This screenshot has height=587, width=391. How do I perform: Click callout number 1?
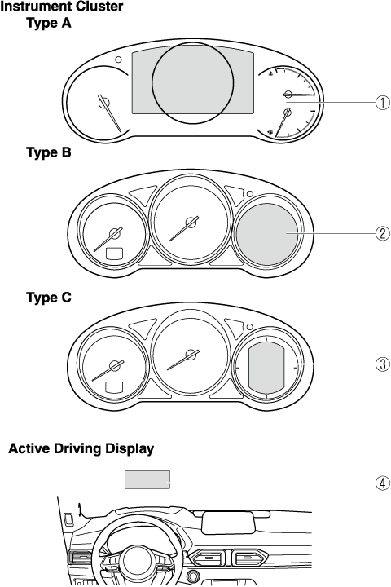(x=382, y=102)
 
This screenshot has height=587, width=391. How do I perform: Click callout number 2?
(x=382, y=234)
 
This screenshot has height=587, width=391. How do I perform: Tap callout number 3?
(x=382, y=364)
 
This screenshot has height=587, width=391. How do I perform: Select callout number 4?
(x=382, y=483)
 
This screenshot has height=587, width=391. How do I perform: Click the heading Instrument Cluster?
(x=62, y=7)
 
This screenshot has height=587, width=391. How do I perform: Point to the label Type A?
(x=49, y=23)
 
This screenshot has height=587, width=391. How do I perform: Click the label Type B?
(x=49, y=152)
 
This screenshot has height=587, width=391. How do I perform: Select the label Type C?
(x=49, y=298)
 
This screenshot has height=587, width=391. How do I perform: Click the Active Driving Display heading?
(x=81, y=448)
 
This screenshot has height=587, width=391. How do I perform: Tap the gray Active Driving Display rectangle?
(x=147, y=479)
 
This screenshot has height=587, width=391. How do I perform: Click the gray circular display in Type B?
(x=267, y=234)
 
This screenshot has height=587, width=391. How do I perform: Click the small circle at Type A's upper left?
(x=118, y=60)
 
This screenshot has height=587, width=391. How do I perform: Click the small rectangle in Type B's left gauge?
(x=115, y=254)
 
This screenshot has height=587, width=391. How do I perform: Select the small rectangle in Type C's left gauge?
(x=115, y=386)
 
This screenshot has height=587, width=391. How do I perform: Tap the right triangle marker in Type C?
(x=235, y=327)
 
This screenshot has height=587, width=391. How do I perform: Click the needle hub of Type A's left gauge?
(x=103, y=102)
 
